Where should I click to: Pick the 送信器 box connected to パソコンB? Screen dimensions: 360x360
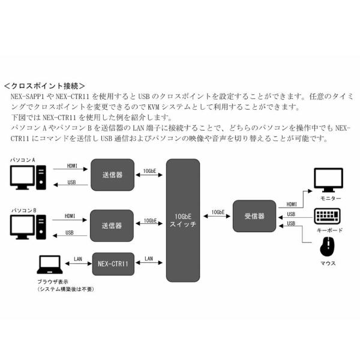(111, 226)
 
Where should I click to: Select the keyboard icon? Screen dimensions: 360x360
(328, 216)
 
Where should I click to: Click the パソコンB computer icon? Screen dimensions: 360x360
(28, 227)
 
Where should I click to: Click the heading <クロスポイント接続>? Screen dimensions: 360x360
(45, 86)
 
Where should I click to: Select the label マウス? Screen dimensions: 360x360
(328, 263)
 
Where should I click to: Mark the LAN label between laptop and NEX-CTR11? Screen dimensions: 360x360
(78, 259)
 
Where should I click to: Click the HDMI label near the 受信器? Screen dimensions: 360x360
(291, 204)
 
